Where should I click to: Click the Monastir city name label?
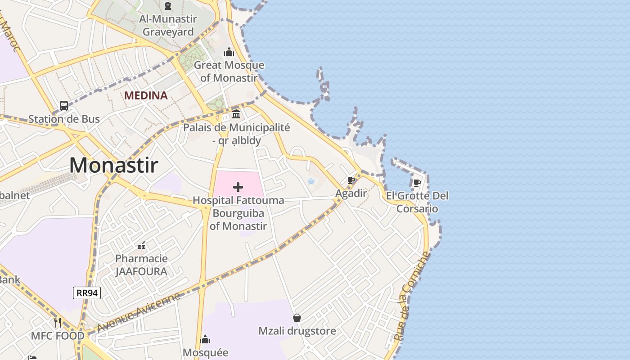coord(113,165)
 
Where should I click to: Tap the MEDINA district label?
coord(146,95)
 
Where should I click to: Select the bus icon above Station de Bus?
coord(64,106)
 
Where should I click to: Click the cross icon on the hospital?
coord(238,187)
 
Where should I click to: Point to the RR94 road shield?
coord(87,293)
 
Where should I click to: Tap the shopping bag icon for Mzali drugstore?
coord(297,318)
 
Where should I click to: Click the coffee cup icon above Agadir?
coord(351,180)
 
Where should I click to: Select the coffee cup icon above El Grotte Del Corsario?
coord(417,183)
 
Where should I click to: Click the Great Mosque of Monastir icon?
coord(229,52)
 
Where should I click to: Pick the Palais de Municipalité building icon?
coord(236,114)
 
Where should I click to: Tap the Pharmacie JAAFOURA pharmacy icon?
coord(141,246)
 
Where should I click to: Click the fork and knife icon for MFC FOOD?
coord(58,323)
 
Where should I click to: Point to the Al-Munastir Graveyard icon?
coord(168,6)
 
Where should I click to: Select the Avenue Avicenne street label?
coord(139,312)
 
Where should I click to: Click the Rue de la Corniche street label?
coord(412,296)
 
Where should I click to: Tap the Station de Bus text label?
coord(64,119)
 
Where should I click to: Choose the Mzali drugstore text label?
coord(297,331)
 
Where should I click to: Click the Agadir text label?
coord(351,193)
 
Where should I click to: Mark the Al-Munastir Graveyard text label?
coord(168,26)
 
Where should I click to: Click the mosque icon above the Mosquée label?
coord(205,339)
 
